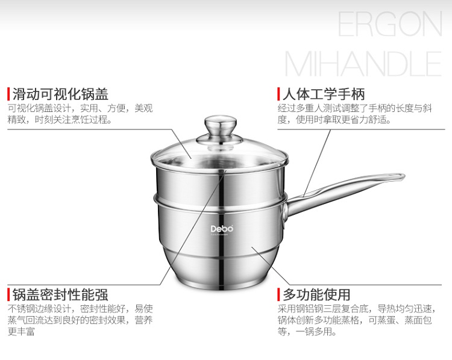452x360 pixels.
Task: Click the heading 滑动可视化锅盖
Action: (x=60, y=94)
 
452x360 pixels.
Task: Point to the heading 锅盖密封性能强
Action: (x=60, y=295)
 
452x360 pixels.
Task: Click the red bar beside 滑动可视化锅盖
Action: (x=8, y=94)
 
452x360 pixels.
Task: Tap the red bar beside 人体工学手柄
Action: (x=278, y=94)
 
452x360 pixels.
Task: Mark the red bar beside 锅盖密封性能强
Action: (x=8, y=295)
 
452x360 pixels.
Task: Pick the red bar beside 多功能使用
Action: (x=278, y=295)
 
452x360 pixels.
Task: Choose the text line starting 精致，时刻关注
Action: (x=60, y=120)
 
